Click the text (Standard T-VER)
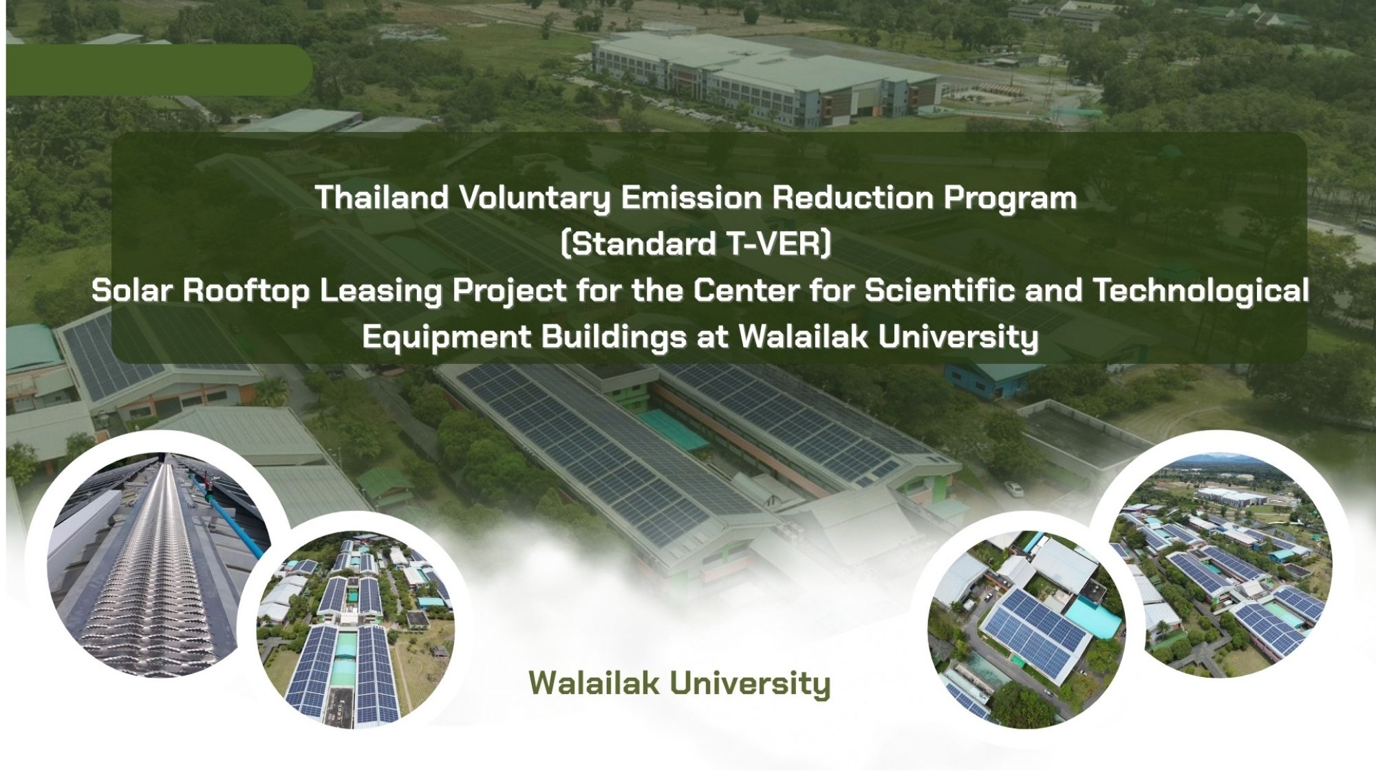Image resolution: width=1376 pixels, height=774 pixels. pyautogui.click(x=696, y=244)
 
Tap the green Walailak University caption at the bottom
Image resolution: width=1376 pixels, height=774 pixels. pyautogui.click(x=680, y=684)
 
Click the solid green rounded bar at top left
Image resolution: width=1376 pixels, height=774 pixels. pyautogui.click(x=159, y=69)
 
